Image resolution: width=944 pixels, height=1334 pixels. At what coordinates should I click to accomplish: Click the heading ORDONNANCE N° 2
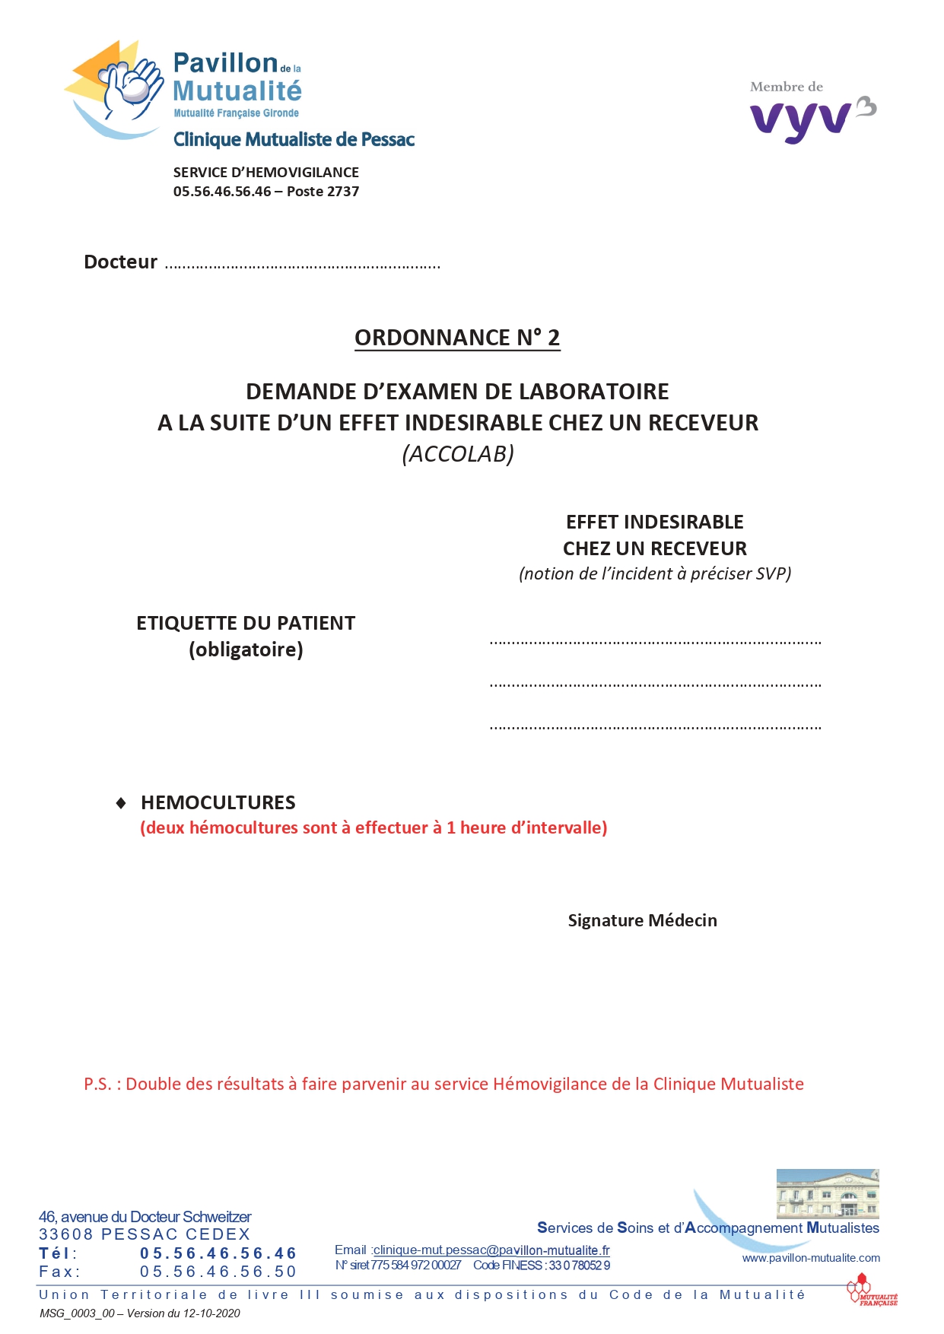(x=457, y=338)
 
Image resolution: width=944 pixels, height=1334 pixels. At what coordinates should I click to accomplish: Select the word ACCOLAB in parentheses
(x=458, y=454)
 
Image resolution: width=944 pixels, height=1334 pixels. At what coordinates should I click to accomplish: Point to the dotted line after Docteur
(x=303, y=266)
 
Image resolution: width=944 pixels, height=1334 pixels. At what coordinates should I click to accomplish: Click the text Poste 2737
(x=323, y=192)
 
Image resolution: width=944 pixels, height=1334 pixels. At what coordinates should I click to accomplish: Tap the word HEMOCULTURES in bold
(x=218, y=802)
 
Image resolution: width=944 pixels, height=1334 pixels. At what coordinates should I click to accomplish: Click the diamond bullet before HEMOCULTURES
(x=121, y=803)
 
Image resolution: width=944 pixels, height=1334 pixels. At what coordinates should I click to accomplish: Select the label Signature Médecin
(x=642, y=920)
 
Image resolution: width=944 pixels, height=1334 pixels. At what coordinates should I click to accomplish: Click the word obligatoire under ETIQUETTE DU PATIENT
(x=246, y=650)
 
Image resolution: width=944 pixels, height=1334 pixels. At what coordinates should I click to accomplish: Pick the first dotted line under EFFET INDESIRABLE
(x=655, y=643)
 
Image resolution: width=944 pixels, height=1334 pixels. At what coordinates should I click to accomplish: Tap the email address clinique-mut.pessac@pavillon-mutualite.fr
(x=491, y=1250)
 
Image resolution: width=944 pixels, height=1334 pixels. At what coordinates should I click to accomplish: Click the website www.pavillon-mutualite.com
(x=811, y=1258)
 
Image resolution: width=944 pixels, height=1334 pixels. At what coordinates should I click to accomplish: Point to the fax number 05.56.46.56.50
(x=218, y=1272)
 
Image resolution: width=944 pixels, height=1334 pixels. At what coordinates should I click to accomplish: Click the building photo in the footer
(x=827, y=1194)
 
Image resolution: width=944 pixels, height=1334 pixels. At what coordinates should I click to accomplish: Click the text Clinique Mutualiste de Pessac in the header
(x=294, y=140)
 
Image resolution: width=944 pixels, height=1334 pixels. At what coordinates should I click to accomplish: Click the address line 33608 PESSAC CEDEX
(x=145, y=1234)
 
